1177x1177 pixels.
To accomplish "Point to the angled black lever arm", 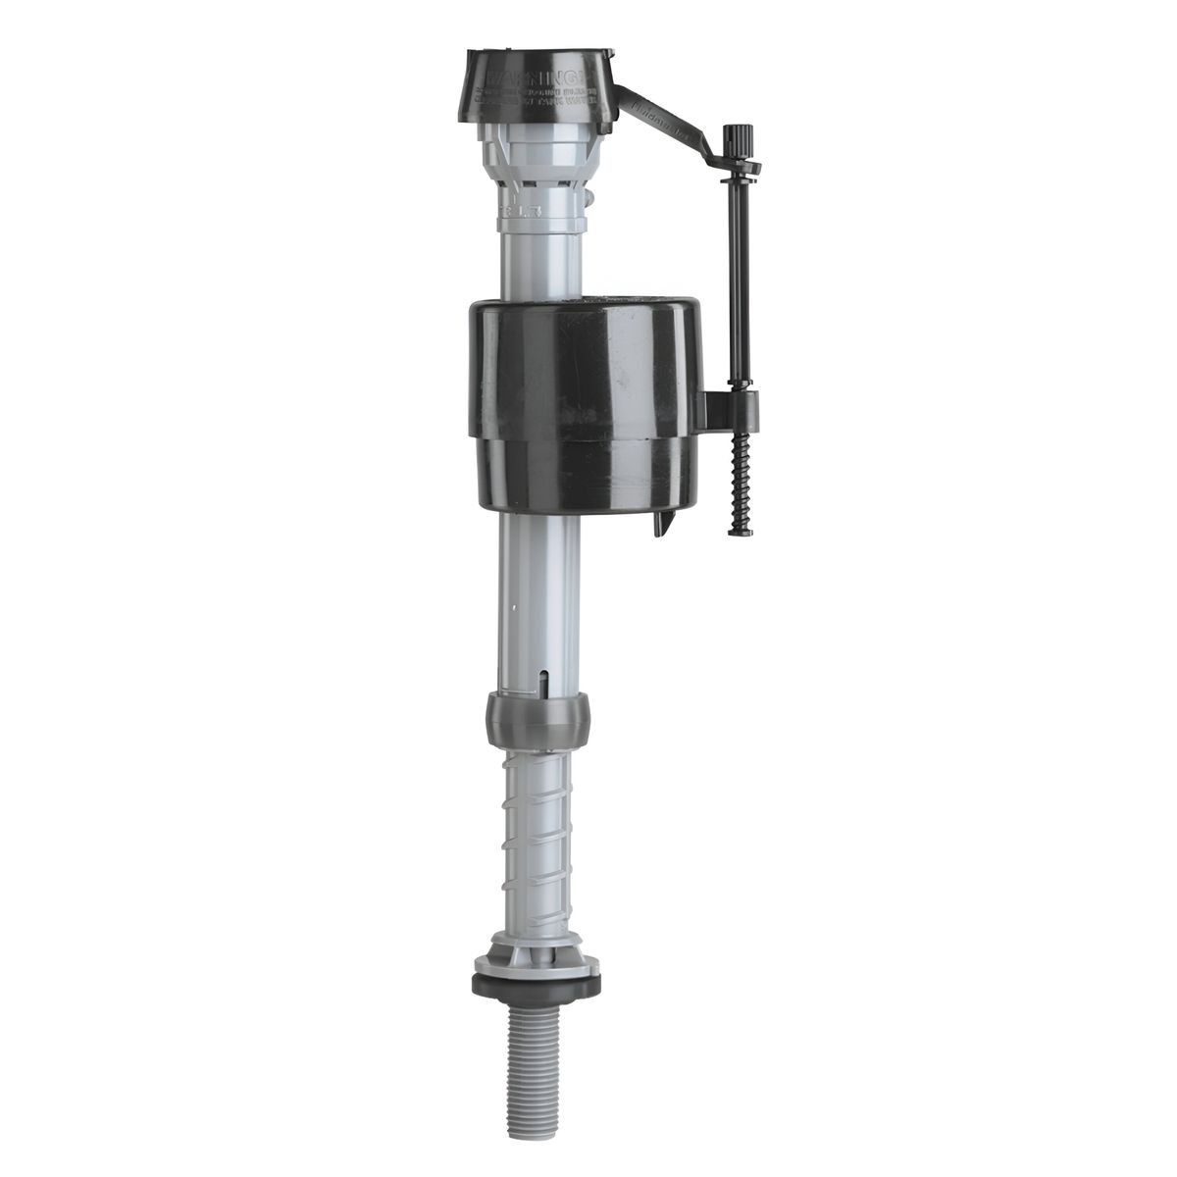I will point(667,116).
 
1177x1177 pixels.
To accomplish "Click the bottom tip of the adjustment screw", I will point(739,533).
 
